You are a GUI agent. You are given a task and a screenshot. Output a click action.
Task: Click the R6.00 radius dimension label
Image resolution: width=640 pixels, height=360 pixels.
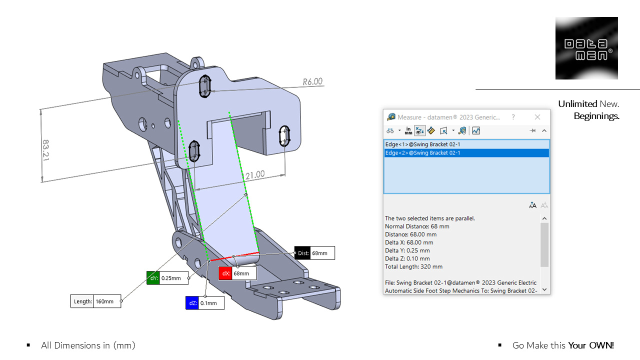click(312, 81)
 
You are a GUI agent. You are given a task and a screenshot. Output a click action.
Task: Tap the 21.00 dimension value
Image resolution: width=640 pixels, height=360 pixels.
click(254, 175)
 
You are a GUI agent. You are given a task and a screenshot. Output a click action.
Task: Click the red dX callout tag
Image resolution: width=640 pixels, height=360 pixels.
click(225, 273)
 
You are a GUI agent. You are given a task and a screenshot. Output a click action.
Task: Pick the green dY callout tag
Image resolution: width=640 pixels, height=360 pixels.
click(153, 278)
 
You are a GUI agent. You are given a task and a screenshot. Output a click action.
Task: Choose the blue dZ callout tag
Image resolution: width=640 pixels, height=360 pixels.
click(192, 303)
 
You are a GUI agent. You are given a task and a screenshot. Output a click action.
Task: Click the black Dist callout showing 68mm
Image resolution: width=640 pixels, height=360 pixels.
click(314, 253)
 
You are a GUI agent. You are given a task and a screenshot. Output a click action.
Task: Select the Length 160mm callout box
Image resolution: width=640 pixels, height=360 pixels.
click(95, 301)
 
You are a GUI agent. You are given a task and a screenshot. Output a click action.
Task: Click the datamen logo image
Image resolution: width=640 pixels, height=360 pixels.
click(586, 48)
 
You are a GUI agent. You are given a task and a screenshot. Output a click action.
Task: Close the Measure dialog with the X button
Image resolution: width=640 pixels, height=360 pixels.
click(537, 117)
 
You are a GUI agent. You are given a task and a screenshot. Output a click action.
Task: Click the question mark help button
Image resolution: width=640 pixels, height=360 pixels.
click(513, 117)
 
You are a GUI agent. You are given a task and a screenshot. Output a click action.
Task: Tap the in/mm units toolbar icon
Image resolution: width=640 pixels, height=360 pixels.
click(408, 131)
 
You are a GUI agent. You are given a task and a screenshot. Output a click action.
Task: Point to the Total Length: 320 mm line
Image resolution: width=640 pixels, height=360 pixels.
click(413, 266)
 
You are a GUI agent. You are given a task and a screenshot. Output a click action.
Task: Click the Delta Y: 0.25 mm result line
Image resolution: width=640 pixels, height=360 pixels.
click(407, 250)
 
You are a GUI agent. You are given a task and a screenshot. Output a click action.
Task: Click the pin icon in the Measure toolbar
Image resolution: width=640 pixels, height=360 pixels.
click(532, 131)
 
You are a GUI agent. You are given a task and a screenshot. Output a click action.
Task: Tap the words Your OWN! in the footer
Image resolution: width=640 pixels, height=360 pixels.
click(590, 345)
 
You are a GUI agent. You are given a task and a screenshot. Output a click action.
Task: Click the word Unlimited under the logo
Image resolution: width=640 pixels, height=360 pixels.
click(577, 104)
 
